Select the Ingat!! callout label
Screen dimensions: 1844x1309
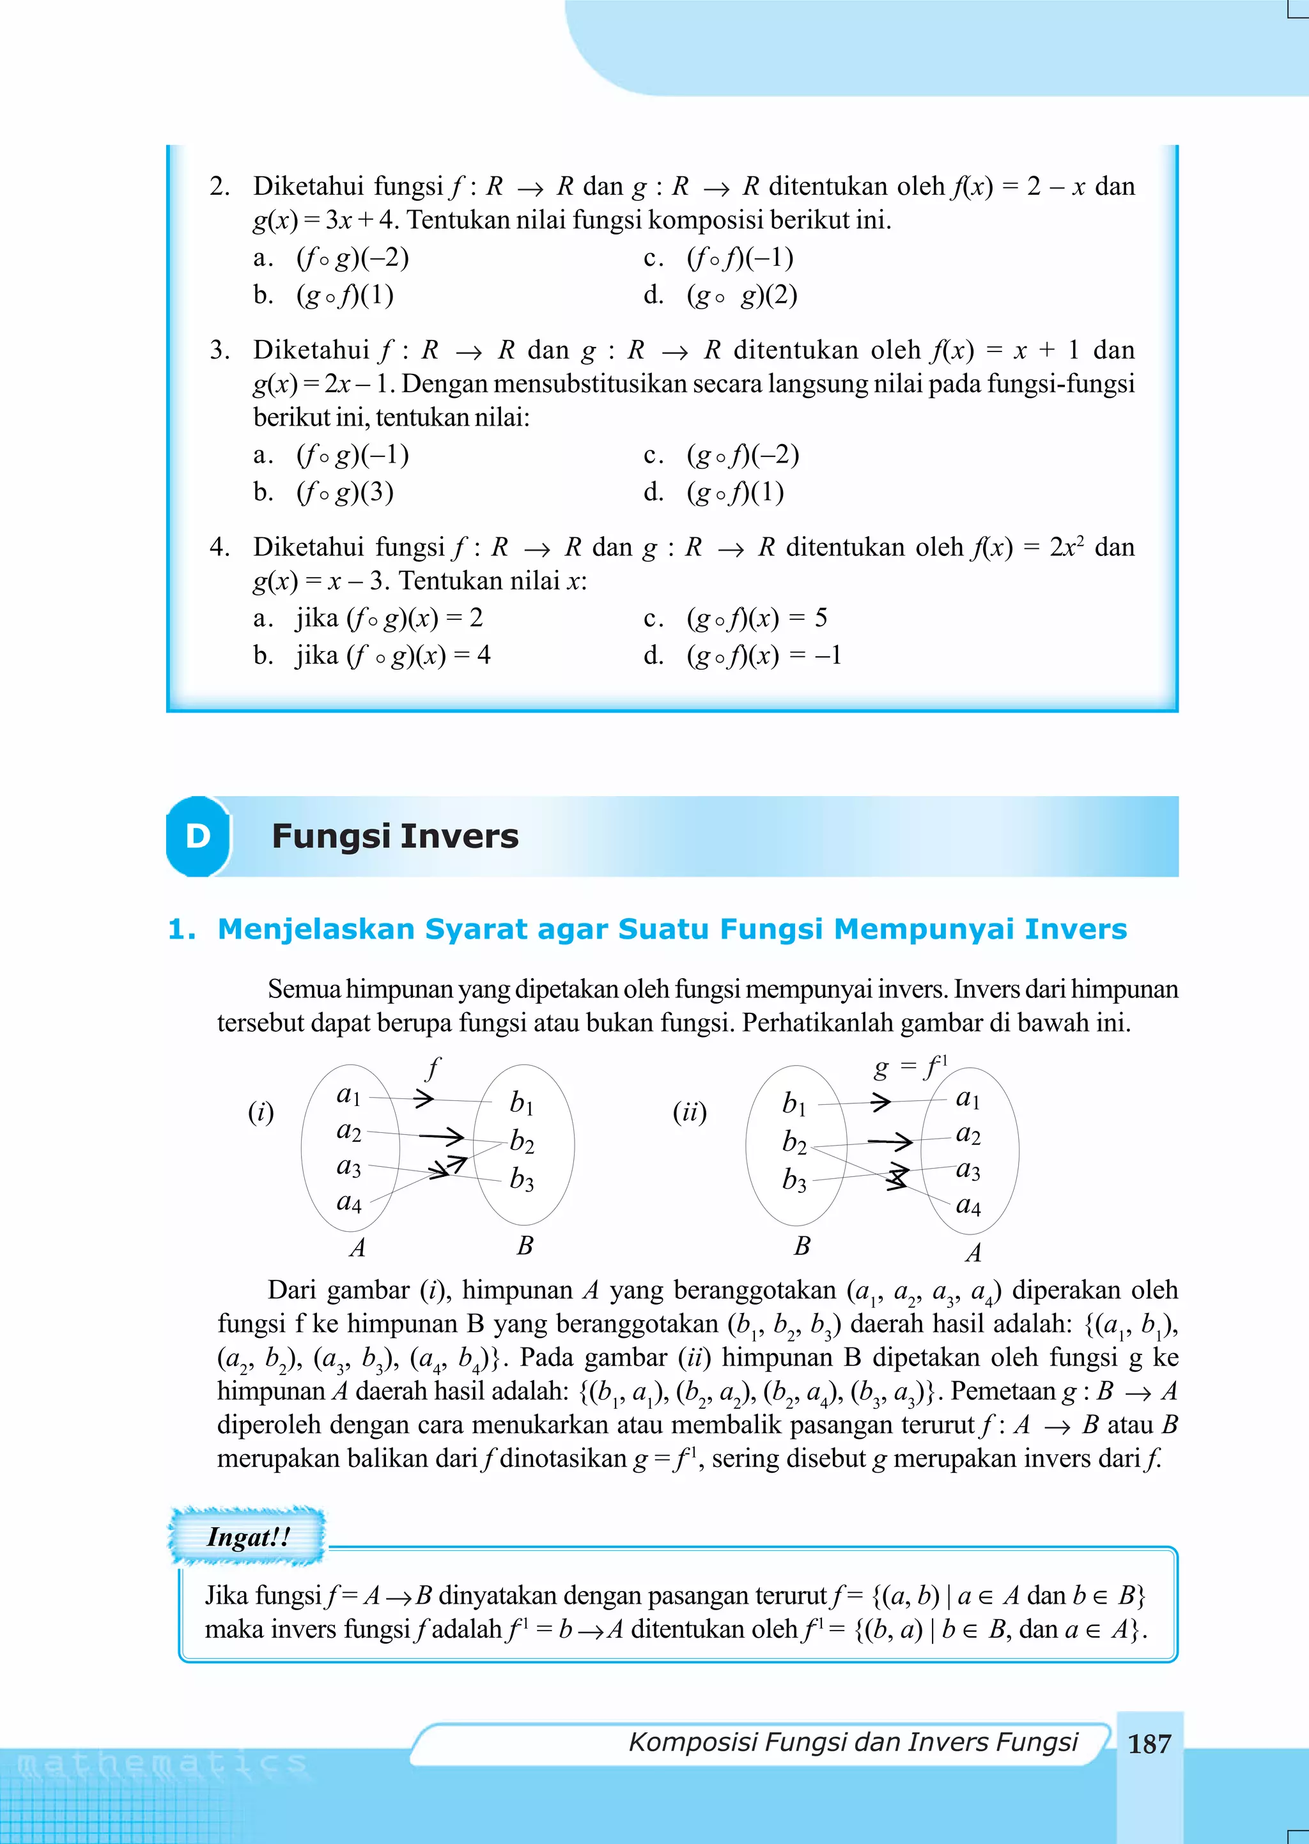click(247, 1536)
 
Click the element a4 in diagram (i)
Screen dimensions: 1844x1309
click(349, 1202)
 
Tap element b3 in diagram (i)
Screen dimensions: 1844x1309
click(522, 1180)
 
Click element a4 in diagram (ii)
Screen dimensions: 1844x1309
click(968, 1206)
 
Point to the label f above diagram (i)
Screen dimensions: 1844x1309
click(433, 1068)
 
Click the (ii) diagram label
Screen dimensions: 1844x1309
click(689, 1112)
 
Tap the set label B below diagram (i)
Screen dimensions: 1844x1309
click(525, 1245)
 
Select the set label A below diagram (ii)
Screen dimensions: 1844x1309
click(973, 1253)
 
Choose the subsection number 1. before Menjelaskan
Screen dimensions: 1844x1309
click(182, 930)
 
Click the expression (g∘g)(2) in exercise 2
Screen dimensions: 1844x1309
click(742, 296)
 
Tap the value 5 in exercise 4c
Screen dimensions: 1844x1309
click(821, 618)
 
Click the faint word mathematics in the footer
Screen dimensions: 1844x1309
click(161, 1764)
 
